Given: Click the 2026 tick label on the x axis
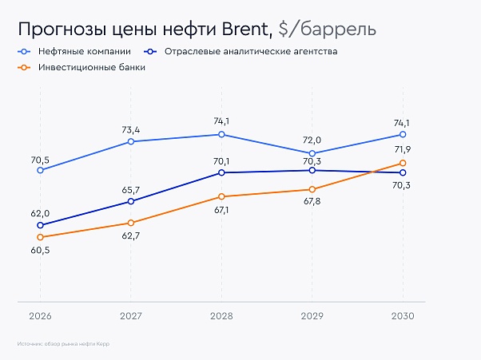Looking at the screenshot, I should pyautogui.click(x=40, y=316).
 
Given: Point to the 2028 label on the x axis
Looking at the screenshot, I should pyautogui.click(x=221, y=316).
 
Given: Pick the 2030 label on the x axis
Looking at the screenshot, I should pyautogui.click(x=403, y=316).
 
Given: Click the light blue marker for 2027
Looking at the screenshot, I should pyautogui.click(x=131, y=142).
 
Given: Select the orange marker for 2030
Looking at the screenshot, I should pyautogui.click(x=403, y=164).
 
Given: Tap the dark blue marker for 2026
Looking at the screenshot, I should pyautogui.click(x=40, y=225).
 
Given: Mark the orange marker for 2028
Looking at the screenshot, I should pyautogui.click(x=221, y=196).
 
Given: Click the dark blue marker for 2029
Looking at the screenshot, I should pyautogui.click(x=312, y=170).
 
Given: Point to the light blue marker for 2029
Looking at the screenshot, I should pyautogui.click(x=312, y=153).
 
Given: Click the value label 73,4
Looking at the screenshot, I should pyautogui.click(x=131, y=129).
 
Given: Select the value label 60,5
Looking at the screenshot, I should pyautogui.click(x=40, y=251).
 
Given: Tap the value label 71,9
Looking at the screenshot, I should pyautogui.click(x=402, y=149).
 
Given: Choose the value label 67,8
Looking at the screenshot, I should pyautogui.click(x=312, y=203).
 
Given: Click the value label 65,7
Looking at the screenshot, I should pyautogui.click(x=131, y=190).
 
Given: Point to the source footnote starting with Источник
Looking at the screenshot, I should pyautogui.click(x=62, y=344).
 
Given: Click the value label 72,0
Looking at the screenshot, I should pyautogui.click(x=312, y=139).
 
